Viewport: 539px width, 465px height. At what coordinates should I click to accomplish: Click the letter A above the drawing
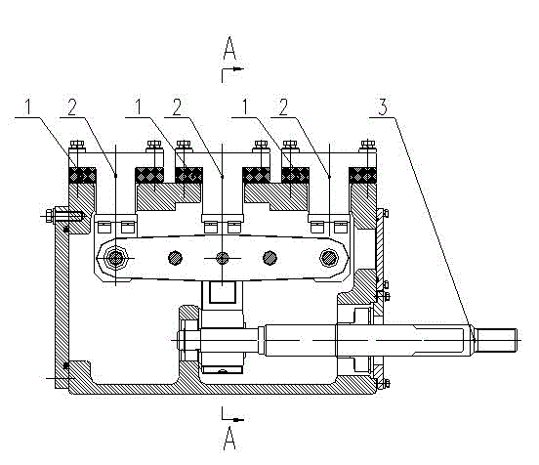coord(229,48)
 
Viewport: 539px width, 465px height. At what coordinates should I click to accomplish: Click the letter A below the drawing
coord(229,438)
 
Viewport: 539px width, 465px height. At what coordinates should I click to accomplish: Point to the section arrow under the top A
coord(232,73)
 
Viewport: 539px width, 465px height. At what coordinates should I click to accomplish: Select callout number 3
coord(383,106)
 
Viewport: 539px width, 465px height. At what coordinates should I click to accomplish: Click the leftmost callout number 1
coord(28,106)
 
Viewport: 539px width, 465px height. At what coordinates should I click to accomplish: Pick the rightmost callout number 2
coord(283,106)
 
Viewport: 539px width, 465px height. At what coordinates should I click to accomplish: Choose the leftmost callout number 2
coord(72,106)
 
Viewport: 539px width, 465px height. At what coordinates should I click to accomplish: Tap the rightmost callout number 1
coord(245,106)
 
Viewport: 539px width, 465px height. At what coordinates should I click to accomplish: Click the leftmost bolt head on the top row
coord(77,145)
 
